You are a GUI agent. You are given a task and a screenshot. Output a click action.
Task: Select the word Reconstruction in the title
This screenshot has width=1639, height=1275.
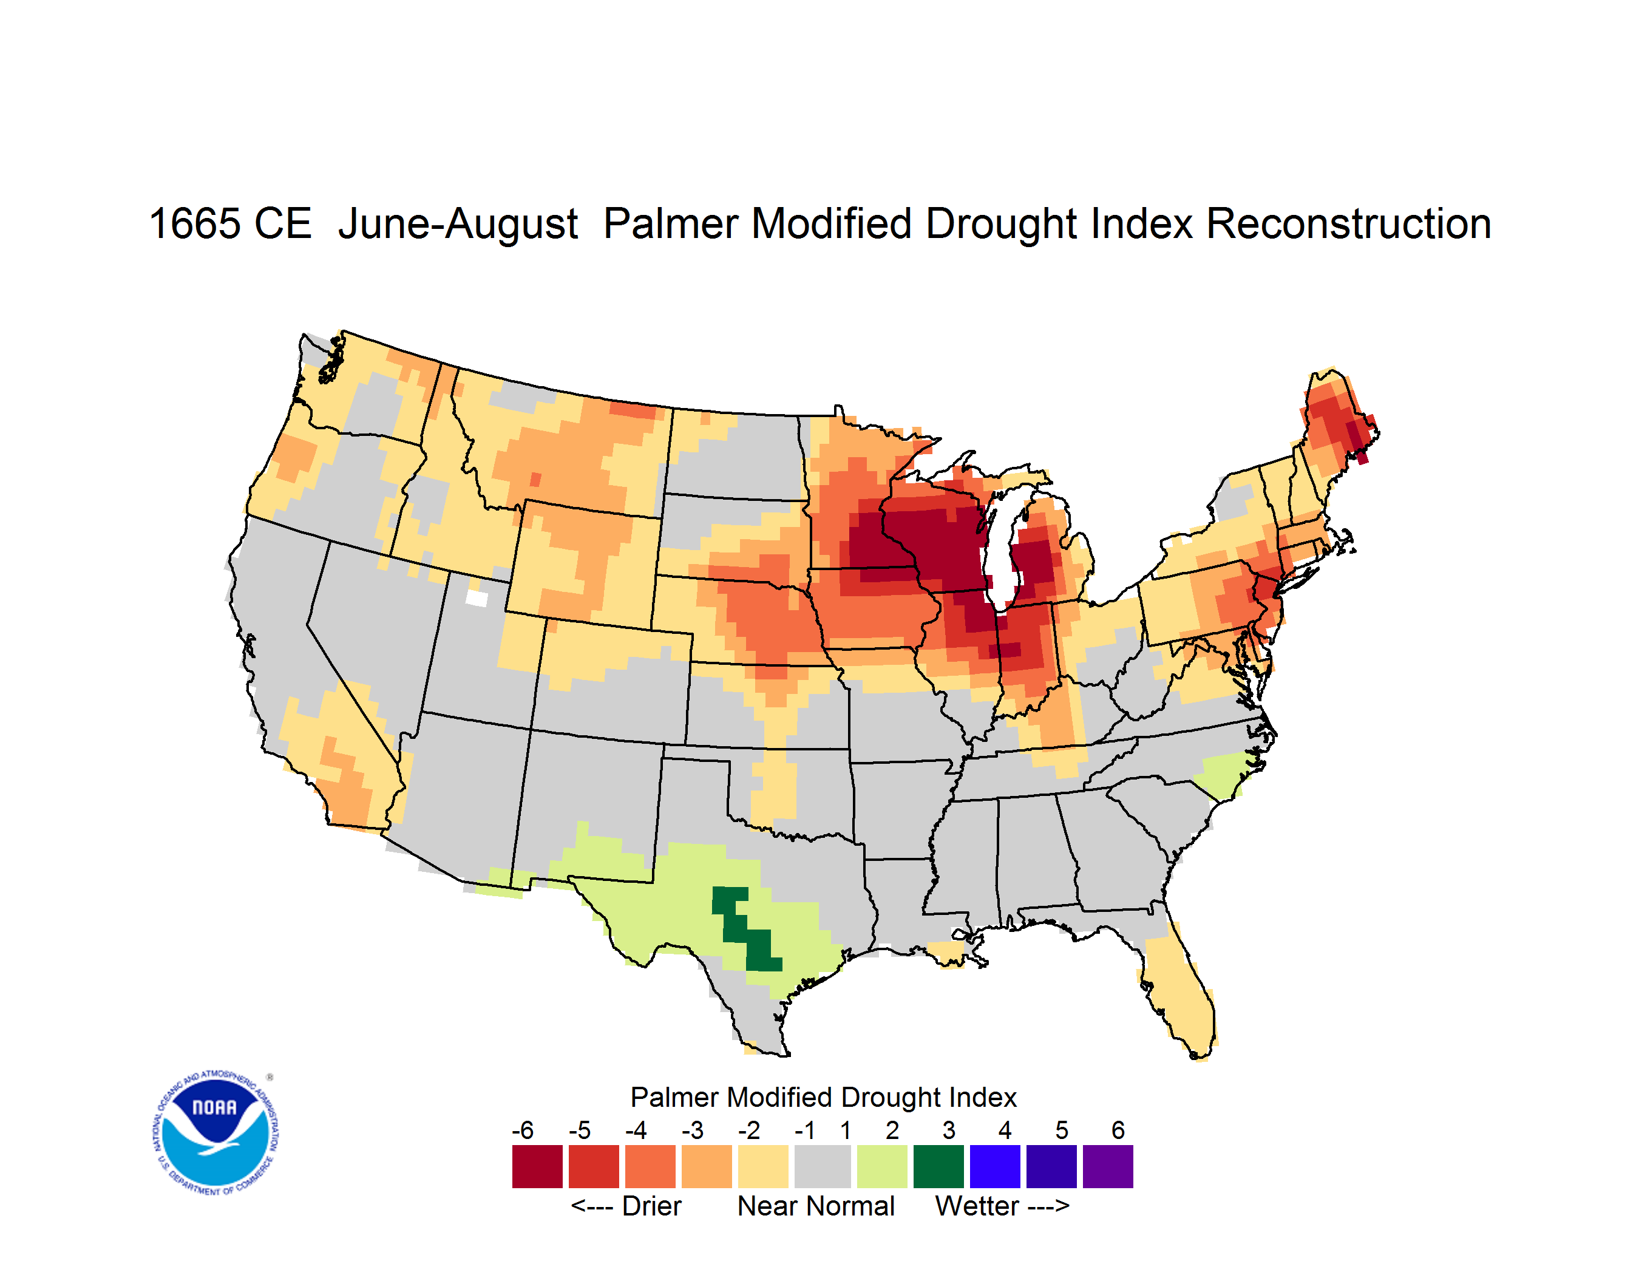pos(1349,223)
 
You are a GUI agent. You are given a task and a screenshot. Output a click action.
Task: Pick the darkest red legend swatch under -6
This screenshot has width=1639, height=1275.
pos(537,1166)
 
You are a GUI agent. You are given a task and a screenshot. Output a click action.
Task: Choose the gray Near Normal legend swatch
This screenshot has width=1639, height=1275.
pos(823,1166)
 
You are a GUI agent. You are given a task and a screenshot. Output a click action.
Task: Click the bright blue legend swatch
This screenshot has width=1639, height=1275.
pos(995,1166)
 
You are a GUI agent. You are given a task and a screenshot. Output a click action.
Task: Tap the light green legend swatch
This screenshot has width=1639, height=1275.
pos(883,1166)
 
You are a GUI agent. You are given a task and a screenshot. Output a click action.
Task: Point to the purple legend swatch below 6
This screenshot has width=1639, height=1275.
pos(1108,1166)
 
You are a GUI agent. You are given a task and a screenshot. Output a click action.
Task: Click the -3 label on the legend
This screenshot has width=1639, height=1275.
pos(693,1129)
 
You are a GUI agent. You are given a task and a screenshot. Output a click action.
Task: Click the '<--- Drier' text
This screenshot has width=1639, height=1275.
pos(626,1206)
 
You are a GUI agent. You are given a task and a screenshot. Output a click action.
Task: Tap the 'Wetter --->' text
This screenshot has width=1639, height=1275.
pos(1002,1206)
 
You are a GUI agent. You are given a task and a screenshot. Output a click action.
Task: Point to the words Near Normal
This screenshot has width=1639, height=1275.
pos(816,1206)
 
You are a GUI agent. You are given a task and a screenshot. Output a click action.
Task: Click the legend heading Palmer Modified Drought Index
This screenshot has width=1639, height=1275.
pos(823,1097)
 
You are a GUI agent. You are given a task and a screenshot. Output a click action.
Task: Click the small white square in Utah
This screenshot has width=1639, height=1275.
pos(477,598)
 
